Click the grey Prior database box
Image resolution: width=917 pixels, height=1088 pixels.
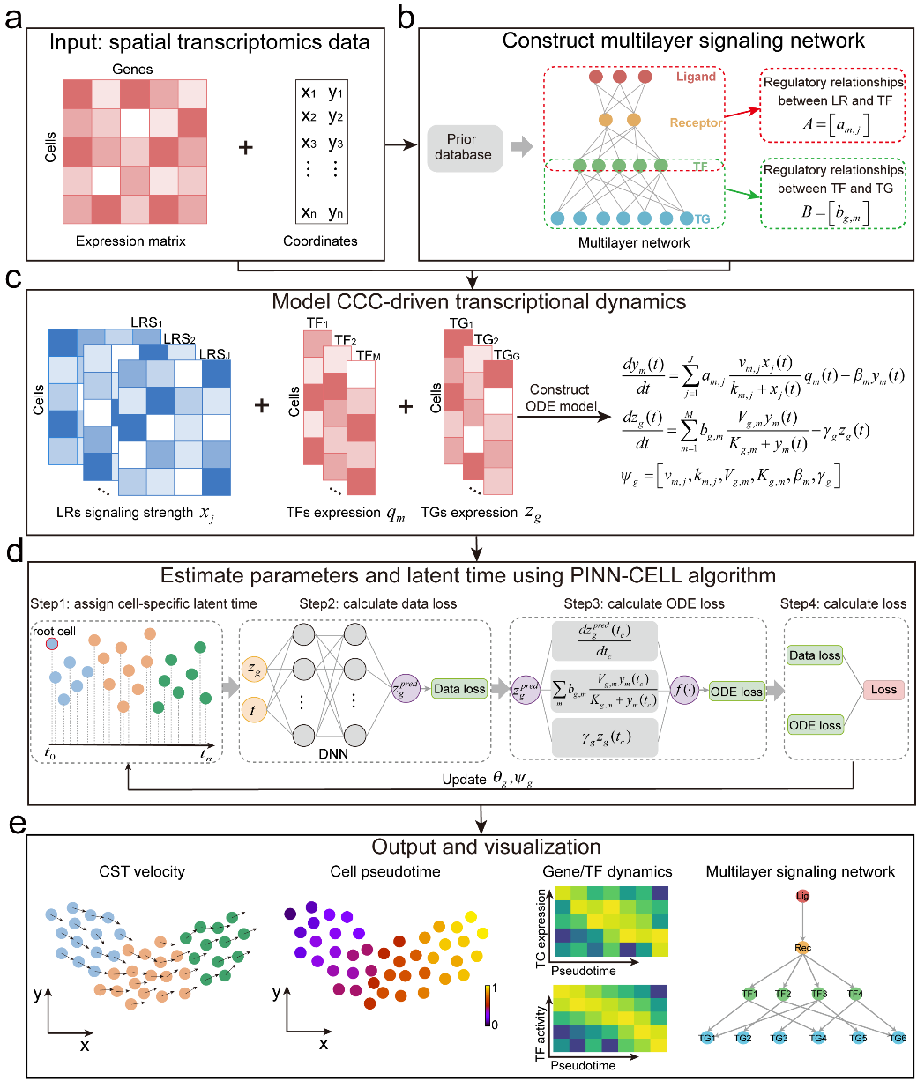coord(464,147)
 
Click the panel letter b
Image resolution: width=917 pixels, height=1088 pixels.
coord(406,18)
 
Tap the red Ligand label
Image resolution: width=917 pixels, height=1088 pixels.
coord(696,77)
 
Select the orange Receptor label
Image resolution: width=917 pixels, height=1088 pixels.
coord(695,122)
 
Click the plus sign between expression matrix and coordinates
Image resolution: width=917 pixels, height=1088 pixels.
coord(246,147)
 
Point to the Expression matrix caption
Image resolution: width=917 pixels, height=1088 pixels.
coord(130,241)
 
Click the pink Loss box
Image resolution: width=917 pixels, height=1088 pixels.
coord(883,690)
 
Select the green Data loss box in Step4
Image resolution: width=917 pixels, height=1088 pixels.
coord(815,655)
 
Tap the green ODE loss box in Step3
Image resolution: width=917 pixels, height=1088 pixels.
coord(735,692)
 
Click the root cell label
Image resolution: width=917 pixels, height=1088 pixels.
coord(55,631)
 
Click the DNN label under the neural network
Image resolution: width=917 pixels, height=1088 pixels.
coord(333,753)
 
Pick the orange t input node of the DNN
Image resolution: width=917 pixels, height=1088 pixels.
coord(254,709)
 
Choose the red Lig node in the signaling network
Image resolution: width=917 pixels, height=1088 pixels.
coord(802,896)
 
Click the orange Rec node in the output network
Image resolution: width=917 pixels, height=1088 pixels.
coord(802,948)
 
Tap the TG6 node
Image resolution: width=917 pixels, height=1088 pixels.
coord(898,1038)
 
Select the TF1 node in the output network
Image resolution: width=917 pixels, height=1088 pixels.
coord(749,994)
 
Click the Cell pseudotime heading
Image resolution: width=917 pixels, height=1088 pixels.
coord(385,871)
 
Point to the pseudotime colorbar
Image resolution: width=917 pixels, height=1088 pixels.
coord(487,1005)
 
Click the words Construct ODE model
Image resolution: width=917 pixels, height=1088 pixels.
coord(561,397)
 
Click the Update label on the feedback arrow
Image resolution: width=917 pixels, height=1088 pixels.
coord(464,779)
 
